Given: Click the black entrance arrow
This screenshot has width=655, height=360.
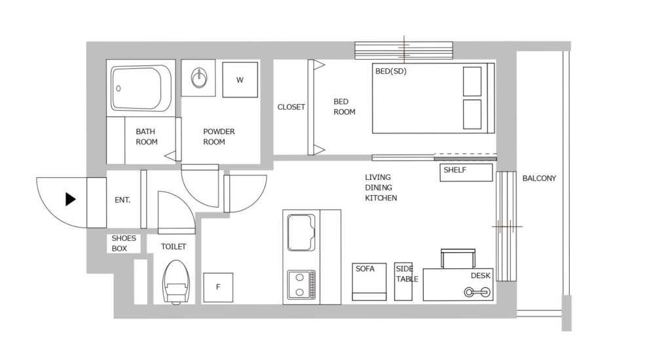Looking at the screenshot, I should pyautogui.click(x=71, y=200).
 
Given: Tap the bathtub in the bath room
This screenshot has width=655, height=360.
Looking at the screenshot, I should pyautogui.click(x=141, y=88).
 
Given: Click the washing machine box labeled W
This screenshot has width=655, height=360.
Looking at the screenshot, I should pyautogui.click(x=240, y=80).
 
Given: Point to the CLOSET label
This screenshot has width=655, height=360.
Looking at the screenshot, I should pyautogui.click(x=291, y=107).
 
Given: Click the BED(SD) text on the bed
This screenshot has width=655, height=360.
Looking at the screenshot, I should pyautogui.click(x=390, y=71).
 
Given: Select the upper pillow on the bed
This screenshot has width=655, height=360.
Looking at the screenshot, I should pyautogui.click(x=472, y=81).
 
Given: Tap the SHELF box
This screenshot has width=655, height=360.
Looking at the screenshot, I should pyautogui.click(x=466, y=172).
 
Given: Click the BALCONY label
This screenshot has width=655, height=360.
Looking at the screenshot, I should pyautogui.click(x=539, y=178).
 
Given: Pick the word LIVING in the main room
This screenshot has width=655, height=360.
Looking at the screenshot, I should pyautogui.click(x=378, y=177).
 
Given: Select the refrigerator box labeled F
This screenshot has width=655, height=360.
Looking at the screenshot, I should pyautogui.click(x=218, y=287).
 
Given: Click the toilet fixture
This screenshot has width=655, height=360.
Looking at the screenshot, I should pyautogui.click(x=175, y=282).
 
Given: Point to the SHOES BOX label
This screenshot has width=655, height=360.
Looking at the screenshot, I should pyautogui.click(x=124, y=243).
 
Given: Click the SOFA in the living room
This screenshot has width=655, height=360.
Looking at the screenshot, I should pyautogui.click(x=369, y=281).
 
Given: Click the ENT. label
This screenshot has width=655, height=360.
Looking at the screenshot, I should pyautogui.click(x=122, y=200).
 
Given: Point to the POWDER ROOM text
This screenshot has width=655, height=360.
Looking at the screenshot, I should pyautogui.click(x=219, y=137).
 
